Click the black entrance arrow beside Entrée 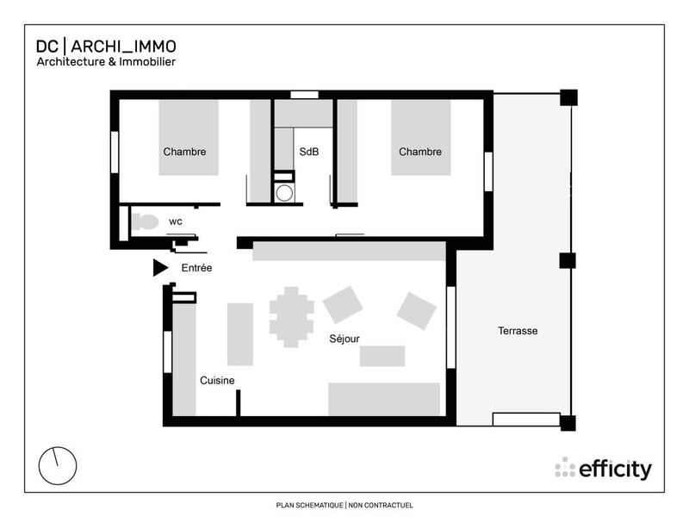tap(159, 268)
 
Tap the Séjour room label tap(344, 339)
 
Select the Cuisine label tap(217, 380)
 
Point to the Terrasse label tap(518, 331)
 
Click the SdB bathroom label tap(308, 152)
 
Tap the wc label tap(175, 221)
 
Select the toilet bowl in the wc tap(146, 221)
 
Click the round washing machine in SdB tap(283, 191)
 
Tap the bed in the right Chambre tap(420, 138)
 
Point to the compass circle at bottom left tap(58, 466)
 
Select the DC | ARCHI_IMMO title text tap(106, 47)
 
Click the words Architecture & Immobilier tap(106, 62)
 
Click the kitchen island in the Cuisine tap(239, 333)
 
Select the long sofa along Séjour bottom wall tap(384, 400)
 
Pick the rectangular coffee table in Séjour tap(382, 356)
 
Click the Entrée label tap(196, 269)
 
